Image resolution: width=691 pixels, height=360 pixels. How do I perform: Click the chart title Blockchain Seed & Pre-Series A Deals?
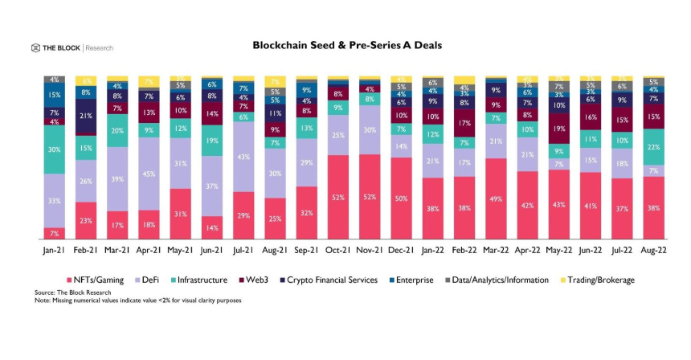pyautogui.click(x=347, y=46)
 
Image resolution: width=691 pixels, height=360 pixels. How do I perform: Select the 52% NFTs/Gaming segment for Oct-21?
pyautogui.click(x=338, y=197)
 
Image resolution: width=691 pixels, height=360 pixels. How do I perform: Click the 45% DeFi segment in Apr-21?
pyautogui.click(x=149, y=174)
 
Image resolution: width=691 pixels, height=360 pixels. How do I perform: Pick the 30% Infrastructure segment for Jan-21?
pyautogui.click(x=55, y=150)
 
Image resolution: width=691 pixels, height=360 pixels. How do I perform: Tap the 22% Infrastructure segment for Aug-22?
pyautogui.click(x=654, y=146)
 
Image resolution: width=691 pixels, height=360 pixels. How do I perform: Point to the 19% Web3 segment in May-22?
pyautogui.click(x=559, y=129)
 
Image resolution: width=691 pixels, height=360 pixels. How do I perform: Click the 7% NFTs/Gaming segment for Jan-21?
pyautogui.click(x=55, y=233)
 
